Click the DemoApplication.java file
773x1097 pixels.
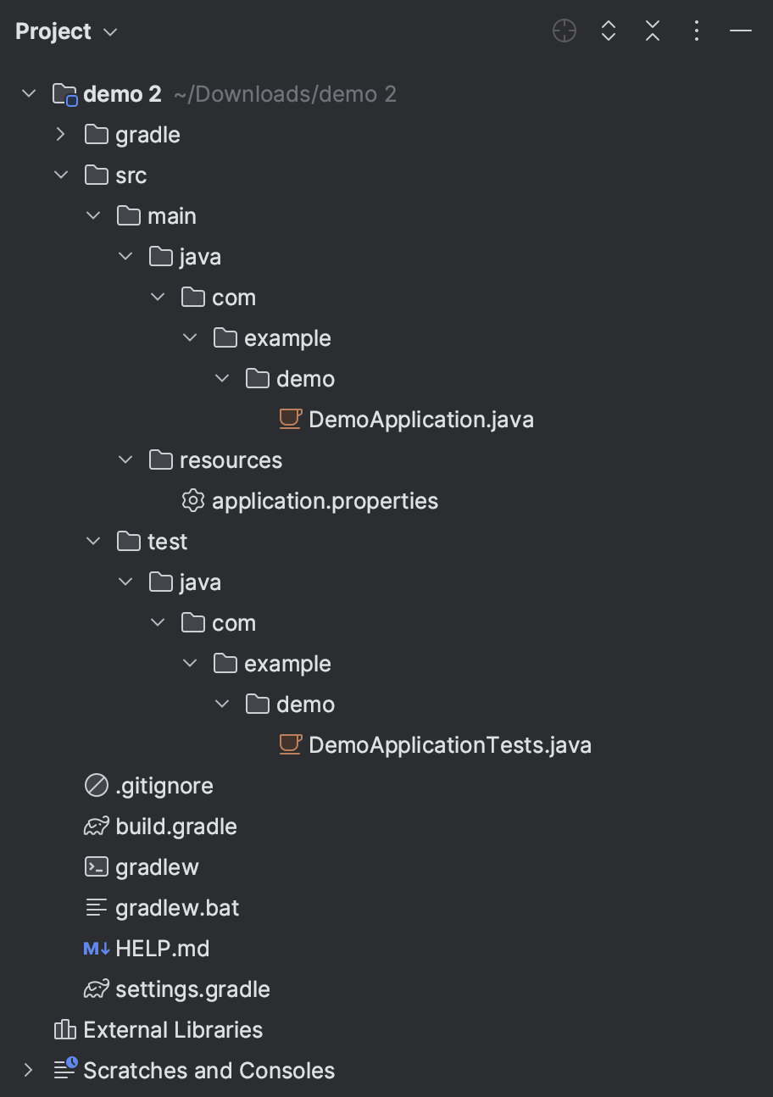pyautogui.click(x=420, y=420)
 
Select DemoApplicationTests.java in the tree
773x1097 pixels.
pyautogui.click(x=449, y=745)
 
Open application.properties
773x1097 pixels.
pyautogui.click(x=325, y=501)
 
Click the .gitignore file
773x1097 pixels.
pyautogui.click(x=164, y=786)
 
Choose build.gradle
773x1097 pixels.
pyautogui.click(x=175, y=827)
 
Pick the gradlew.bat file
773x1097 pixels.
pyautogui.click(x=177, y=908)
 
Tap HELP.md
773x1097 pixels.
pyautogui.click(x=162, y=949)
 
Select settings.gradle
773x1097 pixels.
pyautogui.click(x=192, y=989)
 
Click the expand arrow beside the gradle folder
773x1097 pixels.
pyautogui.click(x=60, y=135)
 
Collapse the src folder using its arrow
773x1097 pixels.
pyautogui.click(x=60, y=175)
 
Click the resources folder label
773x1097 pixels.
pyautogui.click(x=231, y=460)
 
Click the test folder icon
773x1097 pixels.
pyautogui.click(x=129, y=542)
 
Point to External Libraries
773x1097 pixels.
pyautogui.click(x=173, y=1030)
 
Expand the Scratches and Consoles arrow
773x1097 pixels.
pyautogui.click(x=29, y=1071)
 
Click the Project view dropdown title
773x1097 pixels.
pyautogui.click(x=66, y=31)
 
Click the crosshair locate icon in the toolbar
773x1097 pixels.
pyautogui.click(x=564, y=31)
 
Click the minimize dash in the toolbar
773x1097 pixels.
pyautogui.click(x=741, y=31)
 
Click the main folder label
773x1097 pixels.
pyautogui.click(x=171, y=216)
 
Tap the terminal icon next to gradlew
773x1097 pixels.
pyautogui.click(x=97, y=867)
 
